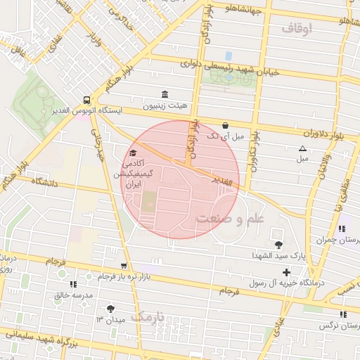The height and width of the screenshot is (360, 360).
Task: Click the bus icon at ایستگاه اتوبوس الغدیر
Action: (86, 100)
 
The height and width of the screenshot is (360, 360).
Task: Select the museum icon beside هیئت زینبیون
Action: (165, 95)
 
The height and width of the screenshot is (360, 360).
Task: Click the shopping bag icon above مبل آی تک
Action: (225, 125)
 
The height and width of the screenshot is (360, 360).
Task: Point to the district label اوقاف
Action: (297, 29)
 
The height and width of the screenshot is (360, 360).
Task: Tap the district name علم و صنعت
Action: (229, 219)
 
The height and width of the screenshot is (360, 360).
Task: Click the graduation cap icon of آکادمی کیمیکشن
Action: (132, 152)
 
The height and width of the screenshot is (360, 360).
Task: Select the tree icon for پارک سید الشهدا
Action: (280, 245)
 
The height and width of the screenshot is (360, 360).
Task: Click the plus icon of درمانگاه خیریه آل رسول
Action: (286, 271)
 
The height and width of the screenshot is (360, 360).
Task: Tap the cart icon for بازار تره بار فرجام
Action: (124, 266)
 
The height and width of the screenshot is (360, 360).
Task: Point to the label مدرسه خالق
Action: (74, 295)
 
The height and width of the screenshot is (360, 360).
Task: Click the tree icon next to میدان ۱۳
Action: (110, 309)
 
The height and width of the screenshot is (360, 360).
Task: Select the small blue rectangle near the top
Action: (228, 55)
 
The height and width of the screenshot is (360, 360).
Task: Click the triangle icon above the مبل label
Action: (302, 148)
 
